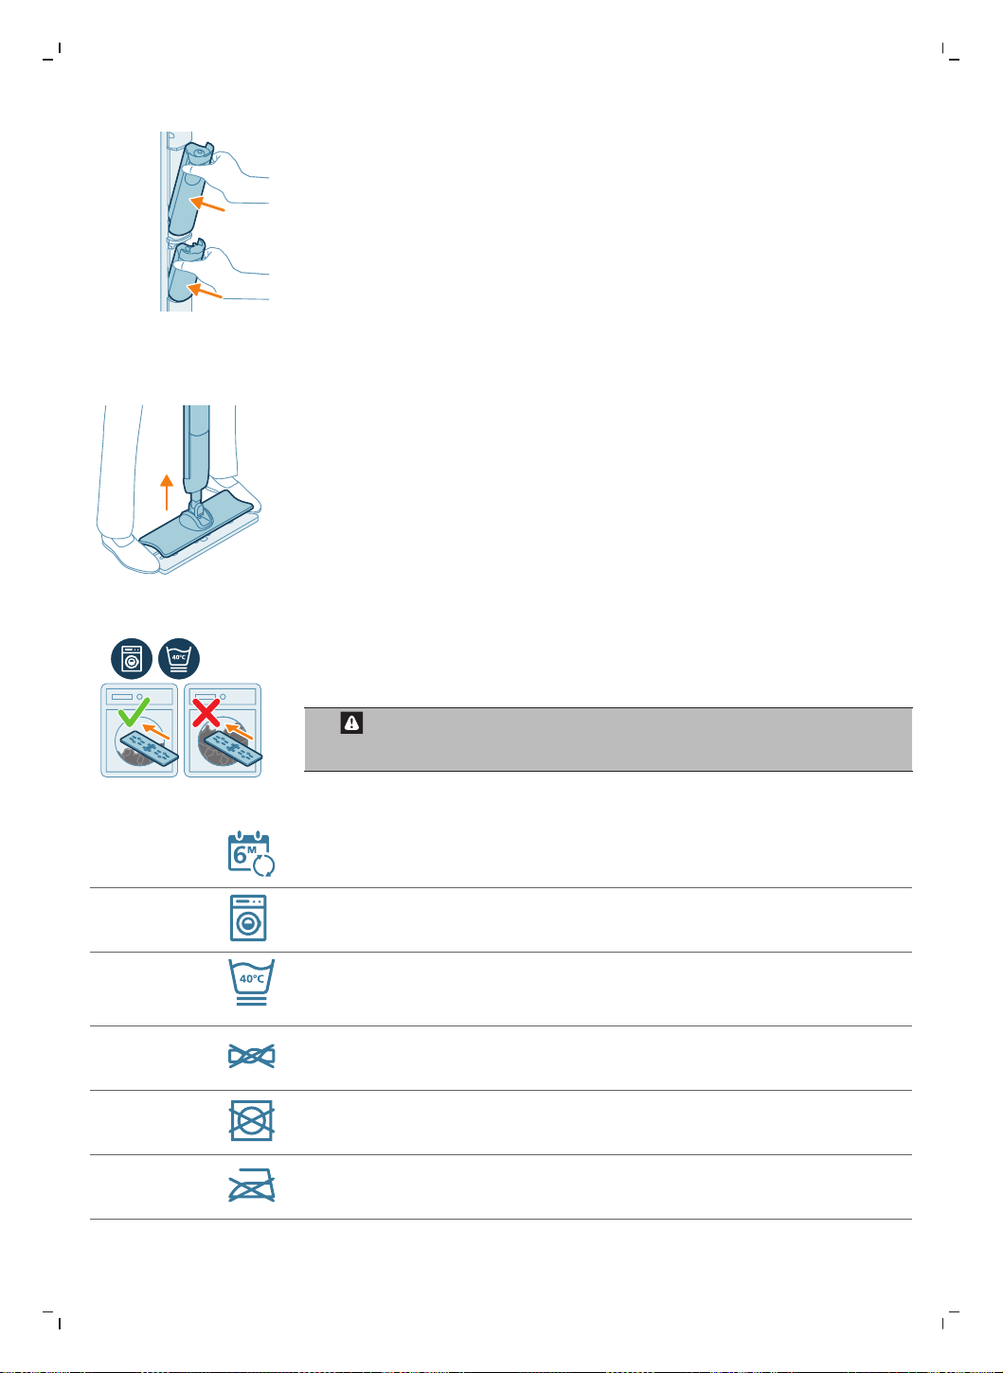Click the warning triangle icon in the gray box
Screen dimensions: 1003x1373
pos(351,722)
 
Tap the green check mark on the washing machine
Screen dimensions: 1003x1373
pos(134,712)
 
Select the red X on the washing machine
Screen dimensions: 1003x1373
pos(206,712)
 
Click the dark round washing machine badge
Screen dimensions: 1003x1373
pos(132,659)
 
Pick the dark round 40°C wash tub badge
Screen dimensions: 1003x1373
pos(178,659)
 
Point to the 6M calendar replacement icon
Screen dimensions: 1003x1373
pos(251,854)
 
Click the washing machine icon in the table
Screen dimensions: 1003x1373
pos(248,918)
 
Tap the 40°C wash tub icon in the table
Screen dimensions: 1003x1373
pos(251,982)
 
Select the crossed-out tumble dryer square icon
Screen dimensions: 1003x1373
pos(251,1120)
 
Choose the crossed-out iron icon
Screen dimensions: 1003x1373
pos(251,1185)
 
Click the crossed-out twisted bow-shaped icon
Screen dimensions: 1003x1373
pos(251,1056)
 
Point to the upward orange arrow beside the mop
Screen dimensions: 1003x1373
pos(167,492)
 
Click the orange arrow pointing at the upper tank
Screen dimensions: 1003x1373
pos(207,204)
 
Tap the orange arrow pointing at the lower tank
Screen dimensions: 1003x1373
pos(205,290)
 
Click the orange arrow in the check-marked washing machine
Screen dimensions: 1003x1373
pos(155,731)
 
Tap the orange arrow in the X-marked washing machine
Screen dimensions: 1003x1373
pos(239,731)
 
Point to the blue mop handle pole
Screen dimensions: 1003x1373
pos(196,454)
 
